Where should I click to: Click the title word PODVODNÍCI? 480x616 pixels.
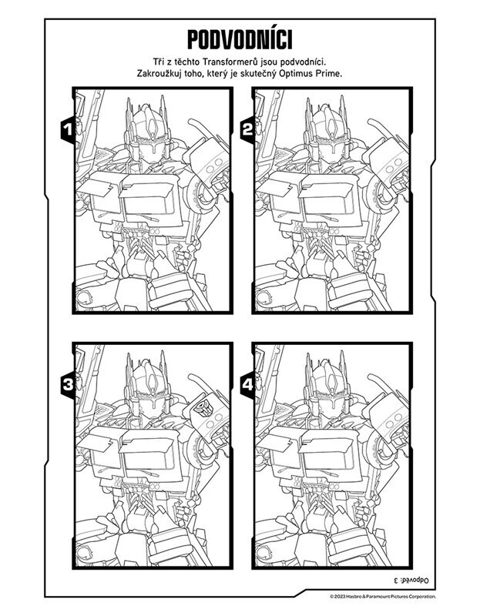tap(240, 40)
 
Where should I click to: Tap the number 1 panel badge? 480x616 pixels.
tap(68, 129)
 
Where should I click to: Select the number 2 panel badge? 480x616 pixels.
tap(247, 129)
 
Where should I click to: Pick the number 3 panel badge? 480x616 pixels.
tap(68, 384)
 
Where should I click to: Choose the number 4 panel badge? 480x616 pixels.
tap(247, 384)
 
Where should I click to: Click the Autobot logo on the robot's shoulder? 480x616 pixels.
tap(203, 409)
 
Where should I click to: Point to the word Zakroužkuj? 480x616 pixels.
tap(158, 73)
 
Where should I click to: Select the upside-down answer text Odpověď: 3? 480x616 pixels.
tap(411, 580)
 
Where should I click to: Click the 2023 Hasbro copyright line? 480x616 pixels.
tap(382, 597)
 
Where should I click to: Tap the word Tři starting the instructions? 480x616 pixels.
tap(159, 62)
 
